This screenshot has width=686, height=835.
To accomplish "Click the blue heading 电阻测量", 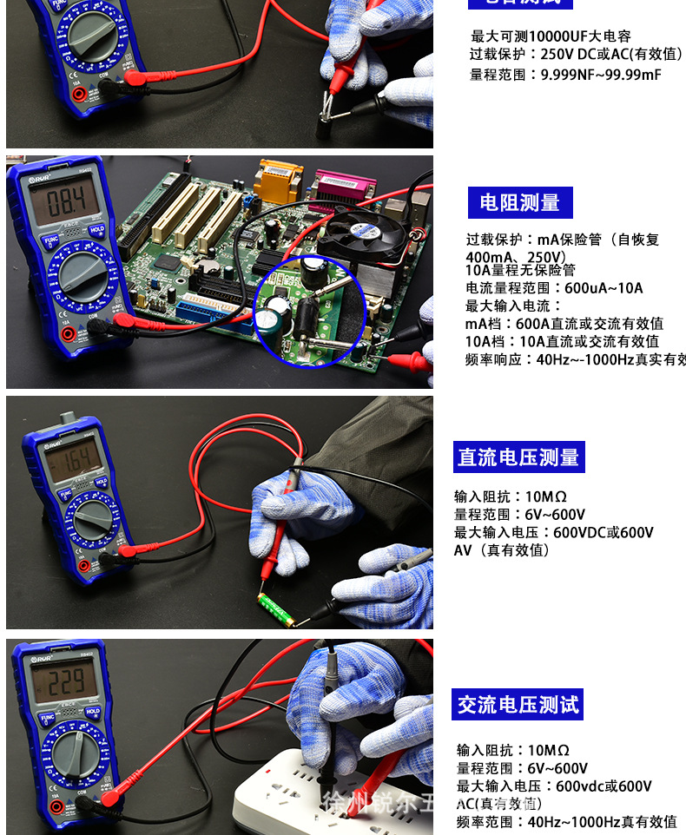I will point(520,203).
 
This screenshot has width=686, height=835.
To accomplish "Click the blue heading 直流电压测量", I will point(518,457).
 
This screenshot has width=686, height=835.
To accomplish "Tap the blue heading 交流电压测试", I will point(518,705).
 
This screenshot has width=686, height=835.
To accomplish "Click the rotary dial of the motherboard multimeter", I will point(83,275).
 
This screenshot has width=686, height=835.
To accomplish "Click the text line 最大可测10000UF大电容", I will point(551,36).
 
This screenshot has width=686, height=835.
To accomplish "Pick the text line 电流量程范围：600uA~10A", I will point(554,288).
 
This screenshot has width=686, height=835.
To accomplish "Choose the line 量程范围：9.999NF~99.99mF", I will point(565,75).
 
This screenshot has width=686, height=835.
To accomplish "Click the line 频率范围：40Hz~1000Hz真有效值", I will point(566,821).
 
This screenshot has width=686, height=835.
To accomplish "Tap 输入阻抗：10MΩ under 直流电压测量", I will point(511,496).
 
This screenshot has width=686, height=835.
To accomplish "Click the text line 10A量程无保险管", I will point(520,270).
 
